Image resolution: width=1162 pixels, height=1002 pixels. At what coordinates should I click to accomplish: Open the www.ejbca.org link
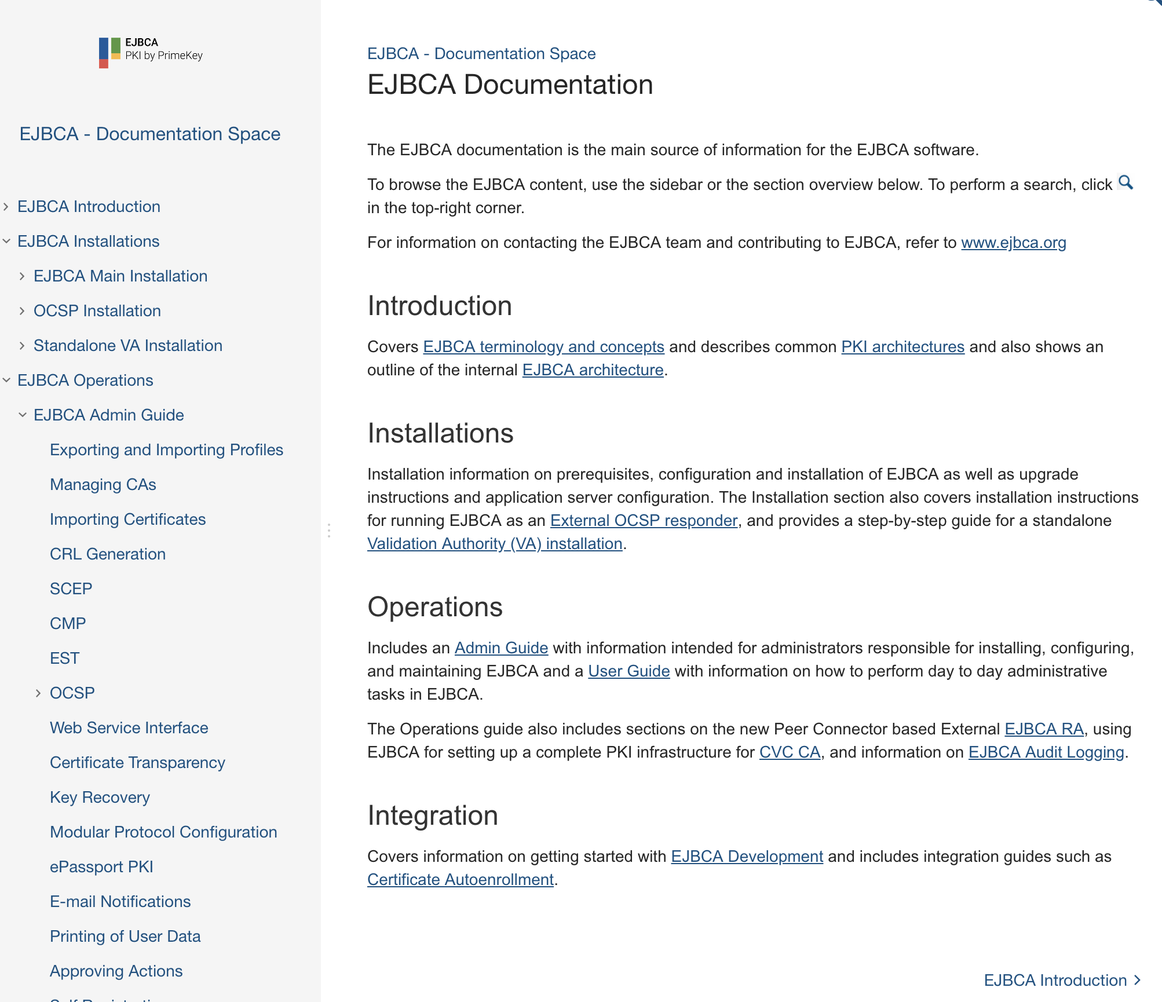click(1013, 243)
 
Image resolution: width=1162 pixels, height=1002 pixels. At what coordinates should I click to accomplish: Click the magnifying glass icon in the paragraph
click(1126, 183)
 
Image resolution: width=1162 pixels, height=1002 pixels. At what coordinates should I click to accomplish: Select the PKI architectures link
click(902, 347)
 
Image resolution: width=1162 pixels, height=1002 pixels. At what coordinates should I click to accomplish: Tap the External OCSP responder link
click(644, 521)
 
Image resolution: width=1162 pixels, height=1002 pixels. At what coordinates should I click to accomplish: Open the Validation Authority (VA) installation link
click(495, 544)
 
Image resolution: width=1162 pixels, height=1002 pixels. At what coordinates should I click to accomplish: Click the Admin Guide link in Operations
click(501, 648)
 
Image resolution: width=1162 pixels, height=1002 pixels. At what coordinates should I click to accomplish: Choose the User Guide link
click(628, 671)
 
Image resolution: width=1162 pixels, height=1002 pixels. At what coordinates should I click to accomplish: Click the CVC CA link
click(790, 752)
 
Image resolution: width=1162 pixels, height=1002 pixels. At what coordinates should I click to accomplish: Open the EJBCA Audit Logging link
click(1046, 752)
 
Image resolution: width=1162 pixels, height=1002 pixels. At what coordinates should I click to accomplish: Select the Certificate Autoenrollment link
click(461, 880)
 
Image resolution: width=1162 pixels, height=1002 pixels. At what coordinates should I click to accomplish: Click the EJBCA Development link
click(747, 857)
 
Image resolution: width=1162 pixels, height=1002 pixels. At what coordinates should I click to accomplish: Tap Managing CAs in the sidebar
click(103, 485)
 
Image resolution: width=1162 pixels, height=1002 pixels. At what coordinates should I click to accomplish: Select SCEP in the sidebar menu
click(71, 589)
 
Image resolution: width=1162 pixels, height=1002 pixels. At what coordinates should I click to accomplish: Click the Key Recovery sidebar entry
click(100, 798)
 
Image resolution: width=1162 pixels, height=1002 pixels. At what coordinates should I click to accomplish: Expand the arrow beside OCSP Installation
click(22, 311)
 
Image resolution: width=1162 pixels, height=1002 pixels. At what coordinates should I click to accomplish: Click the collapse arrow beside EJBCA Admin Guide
click(22, 415)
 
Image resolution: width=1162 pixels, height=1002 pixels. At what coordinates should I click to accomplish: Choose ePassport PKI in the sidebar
click(101, 867)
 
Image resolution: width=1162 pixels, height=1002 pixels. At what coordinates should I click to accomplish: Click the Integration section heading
click(433, 816)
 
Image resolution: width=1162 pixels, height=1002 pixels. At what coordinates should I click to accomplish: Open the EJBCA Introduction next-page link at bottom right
click(1062, 980)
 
